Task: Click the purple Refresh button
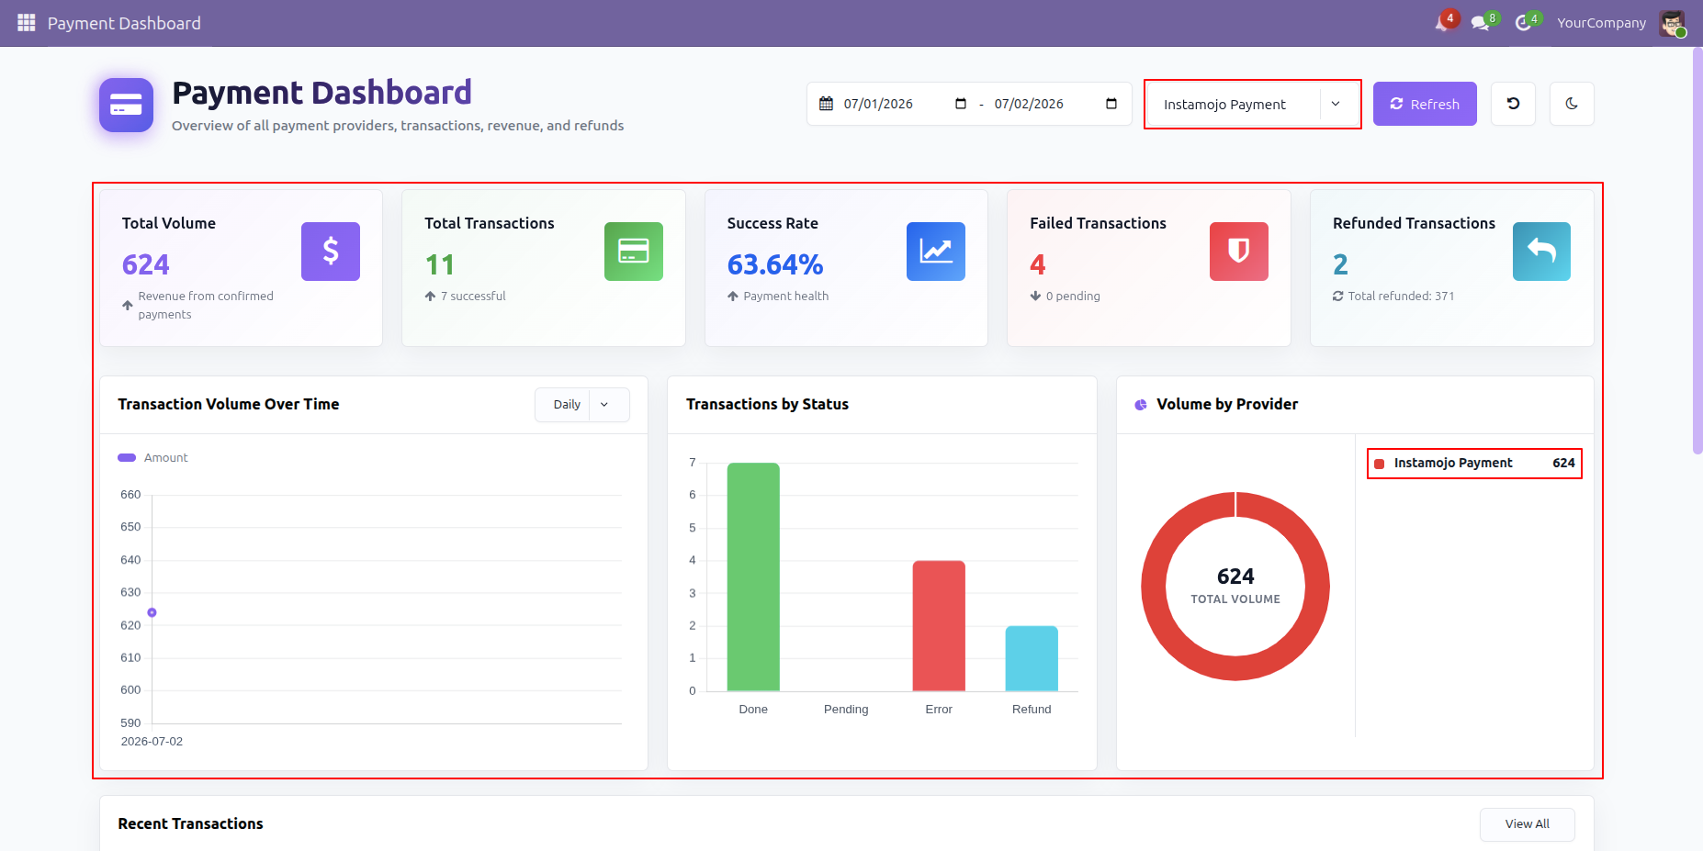tap(1425, 104)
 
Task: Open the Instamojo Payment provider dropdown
tap(1252, 104)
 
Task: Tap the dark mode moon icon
tap(1572, 104)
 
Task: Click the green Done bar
tap(753, 577)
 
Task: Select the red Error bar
tap(939, 625)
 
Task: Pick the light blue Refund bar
tap(1032, 658)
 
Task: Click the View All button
tap(1527, 824)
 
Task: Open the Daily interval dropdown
tap(582, 405)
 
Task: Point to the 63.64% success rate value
tap(775, 264)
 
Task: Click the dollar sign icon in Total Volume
tap(331, 252)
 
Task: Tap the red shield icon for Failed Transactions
tap(1239, 252)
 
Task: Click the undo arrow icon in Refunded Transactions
tap(1541, 252)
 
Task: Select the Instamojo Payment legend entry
tap(1474, 463)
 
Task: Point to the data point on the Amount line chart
tap(152, 612)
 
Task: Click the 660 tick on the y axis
tap(130, 495)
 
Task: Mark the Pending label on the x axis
tap(846, 710)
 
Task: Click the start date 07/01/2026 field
tap(878, 104)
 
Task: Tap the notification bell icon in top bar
tap(1442, 23)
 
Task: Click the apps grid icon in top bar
tap(27, 23)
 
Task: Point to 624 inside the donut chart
tap(1235, 577)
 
